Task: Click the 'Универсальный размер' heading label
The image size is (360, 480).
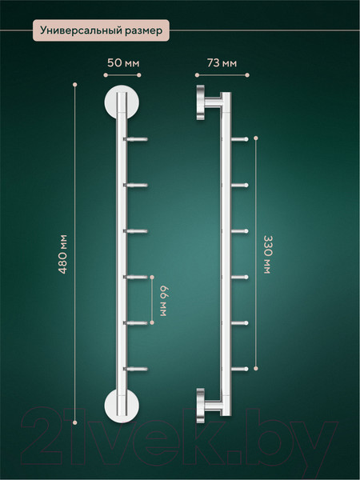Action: (101, 30)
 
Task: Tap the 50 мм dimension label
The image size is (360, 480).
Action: (123, 63)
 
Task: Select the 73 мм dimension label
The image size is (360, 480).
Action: (222, 63)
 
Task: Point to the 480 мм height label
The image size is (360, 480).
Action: (62, 254)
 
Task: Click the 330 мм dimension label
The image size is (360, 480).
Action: (267, 254)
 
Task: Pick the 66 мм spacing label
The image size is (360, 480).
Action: (164, 301)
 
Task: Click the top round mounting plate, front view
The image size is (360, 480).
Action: (122, 102)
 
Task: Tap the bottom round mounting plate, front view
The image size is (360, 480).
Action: (122, 406)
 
